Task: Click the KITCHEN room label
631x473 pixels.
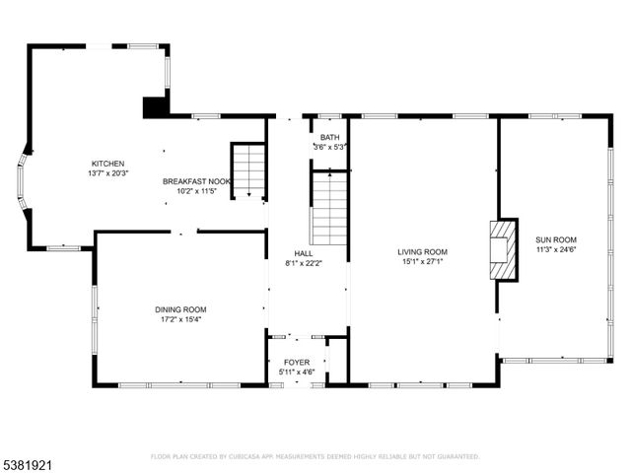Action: coord(108,164)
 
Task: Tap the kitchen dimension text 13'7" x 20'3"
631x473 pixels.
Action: coord(108,173)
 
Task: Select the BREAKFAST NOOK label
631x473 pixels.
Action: coord(197,181)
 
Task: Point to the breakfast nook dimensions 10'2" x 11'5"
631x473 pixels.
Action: coord(197,191)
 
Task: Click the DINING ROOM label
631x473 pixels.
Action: coord(180,308)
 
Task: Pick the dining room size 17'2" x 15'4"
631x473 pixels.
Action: coord(180,318)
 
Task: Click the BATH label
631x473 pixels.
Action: coord(329,137)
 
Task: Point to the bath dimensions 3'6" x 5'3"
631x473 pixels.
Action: coord(329,147)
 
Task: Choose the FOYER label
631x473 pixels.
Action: coord(297,363)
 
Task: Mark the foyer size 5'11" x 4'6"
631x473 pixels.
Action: coord(297,372)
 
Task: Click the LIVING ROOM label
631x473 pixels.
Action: coord(423,251)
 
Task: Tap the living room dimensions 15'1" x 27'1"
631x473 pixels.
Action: coord(423,261)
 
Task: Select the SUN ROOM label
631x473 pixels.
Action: coord(555,239)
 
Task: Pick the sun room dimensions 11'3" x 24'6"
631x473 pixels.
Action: coord(555,249)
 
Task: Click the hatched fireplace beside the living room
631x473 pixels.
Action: coord(503,249)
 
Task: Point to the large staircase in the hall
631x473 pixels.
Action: coord(328,208)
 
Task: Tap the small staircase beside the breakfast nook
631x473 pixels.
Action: coord(249,169)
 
